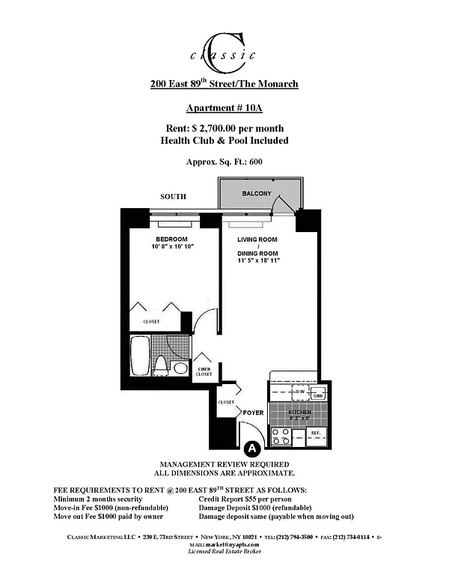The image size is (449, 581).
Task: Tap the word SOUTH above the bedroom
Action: (x=173, y=196)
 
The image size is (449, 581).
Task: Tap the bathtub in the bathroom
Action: (x=140, y=357)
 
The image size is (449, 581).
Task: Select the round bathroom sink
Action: (x=180, y=368)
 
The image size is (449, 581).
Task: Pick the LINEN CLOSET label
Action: (x=204, y=371)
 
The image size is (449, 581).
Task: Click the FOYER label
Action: (x=253, y=413)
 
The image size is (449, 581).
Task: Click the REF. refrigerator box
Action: (x=316, y=433)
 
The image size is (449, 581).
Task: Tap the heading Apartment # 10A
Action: (x=224, y=107)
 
